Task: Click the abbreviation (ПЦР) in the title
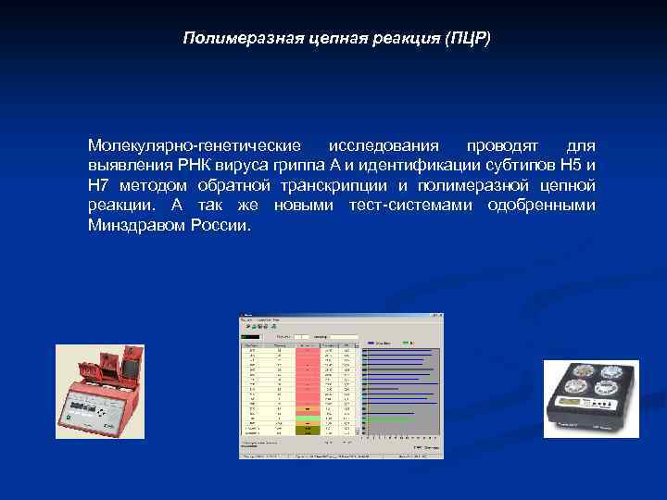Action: click(x=469, y=38)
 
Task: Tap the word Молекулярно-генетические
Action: click(x=194, y=146)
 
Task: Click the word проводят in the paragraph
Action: click(x=500, y=146)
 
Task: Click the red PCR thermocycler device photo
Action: click(x=99, y=391)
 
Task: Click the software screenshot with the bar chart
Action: click(x=341, y=385)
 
